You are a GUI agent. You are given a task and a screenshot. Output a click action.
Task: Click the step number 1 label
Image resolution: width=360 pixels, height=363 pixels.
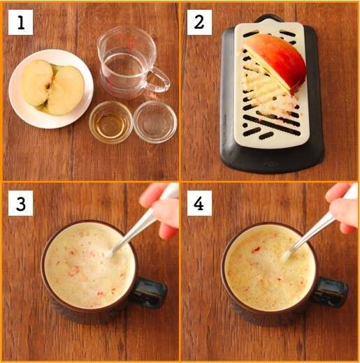tap(20, 22)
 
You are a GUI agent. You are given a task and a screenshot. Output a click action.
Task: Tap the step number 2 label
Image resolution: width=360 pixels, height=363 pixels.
tap(199, 22)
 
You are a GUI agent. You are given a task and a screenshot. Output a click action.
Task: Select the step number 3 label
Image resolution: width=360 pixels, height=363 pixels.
tap(20, 203)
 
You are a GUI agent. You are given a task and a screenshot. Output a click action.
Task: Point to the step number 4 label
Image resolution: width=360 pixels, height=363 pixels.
tap(199, 203)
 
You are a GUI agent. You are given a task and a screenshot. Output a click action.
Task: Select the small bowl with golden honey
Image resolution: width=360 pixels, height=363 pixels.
tap(110, 121)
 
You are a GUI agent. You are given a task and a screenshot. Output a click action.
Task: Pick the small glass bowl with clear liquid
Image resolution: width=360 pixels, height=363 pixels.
tap(155, 121)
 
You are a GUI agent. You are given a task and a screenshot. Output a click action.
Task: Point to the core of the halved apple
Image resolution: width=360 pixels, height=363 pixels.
tap(50, 87)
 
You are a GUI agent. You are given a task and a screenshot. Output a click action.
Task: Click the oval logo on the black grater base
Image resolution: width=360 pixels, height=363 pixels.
tap(271, 165)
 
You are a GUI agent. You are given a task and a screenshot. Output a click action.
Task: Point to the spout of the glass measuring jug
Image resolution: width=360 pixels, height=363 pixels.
tap(101, 44)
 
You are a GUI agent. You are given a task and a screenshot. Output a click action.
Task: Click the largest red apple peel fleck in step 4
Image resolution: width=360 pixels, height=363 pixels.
tap(256, 250)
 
